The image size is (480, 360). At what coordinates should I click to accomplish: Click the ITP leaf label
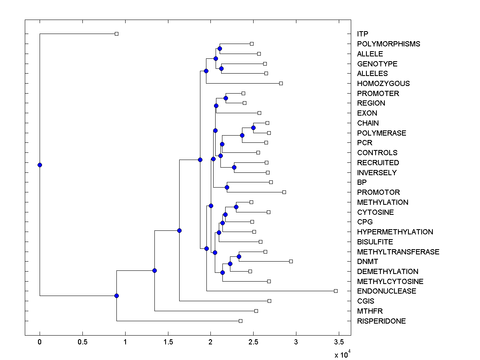pyautogui.click(x=362, y=34)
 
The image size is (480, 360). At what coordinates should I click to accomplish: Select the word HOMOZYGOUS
pyautogui.click(x=383, y=84)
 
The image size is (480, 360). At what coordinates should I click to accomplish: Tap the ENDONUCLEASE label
pyautogui.click(x=386, y=291)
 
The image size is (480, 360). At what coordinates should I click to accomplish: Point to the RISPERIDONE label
pyautogui.click(x=381, y=321)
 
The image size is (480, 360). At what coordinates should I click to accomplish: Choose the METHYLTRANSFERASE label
pyautogui.click(x=398, y=252)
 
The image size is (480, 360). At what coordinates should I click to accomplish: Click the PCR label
pyautogui.click(x=364, y=143)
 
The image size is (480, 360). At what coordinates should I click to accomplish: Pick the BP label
pyautogui.click(x=362, y=182)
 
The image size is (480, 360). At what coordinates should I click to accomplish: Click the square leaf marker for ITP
pyautogui.click(x=116, y=34)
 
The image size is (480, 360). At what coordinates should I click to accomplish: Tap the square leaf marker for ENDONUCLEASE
pyautogui.click(x=336, y=291)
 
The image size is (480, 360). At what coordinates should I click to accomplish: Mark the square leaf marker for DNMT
pyautogui.click(x=291, y=261)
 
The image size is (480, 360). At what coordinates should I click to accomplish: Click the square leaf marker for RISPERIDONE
pyautogui.click(x=240, y=321)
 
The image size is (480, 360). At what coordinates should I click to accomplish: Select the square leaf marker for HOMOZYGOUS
pyautogui.click(x=281, y=83)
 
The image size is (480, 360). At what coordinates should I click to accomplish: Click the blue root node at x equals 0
pyautogui.click(x=40, y=165)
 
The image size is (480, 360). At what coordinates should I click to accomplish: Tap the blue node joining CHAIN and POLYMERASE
pyautogui.click(x=253, y=128)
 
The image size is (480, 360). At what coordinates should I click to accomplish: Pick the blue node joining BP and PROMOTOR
pyautogui.click(x=227, y=187)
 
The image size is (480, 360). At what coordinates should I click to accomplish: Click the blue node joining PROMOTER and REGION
pyautogui.click(x=226, y=98)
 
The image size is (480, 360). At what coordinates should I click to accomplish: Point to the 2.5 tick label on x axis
pyautogui.click(x=253, y=342)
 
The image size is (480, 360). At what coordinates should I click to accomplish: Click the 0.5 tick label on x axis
pyautogui.click(x=82, y=342)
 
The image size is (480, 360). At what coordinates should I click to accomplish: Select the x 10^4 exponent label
pyautogui.click(x=342, y=354)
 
